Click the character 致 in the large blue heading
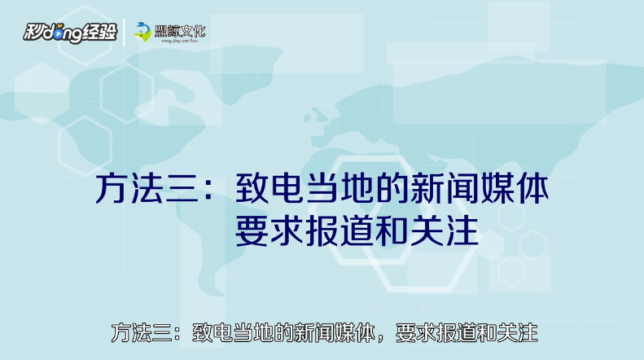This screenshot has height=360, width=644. pyautogui.click(x=252, y=189)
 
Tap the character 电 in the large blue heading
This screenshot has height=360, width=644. pyautogui.click(x=287, y=189)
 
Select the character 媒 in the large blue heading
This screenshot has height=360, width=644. pyautogui.click(x=497, y=189)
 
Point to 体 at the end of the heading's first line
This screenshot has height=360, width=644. pyautogui.click(x=532, y=189)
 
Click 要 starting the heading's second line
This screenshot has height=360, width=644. pyautogui.click(x=252, y=231)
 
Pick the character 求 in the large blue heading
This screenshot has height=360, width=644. pyautogui.click(x=287, y=231)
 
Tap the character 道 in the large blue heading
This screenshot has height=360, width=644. pyautogui.click(x=357, y=231)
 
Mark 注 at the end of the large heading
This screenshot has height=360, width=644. pyautogui.click(x=462, y=231)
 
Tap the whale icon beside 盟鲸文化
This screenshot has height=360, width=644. pyautogui.click(x=142, y=32)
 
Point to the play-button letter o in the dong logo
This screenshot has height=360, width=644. pyautogui.click(x=58, y=33)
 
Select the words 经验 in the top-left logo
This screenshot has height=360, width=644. pyautogui.click(x=100, y=32)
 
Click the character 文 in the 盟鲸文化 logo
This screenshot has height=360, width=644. pyautogui.click(x=186, y=31)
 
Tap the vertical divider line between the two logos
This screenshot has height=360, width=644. pyautogui.click(x=125, y=32)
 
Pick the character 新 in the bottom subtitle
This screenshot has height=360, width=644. pyautogui.click(x=304, y=333)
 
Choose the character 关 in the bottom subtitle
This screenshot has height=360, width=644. pyautogui.click(x=507, y=333)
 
